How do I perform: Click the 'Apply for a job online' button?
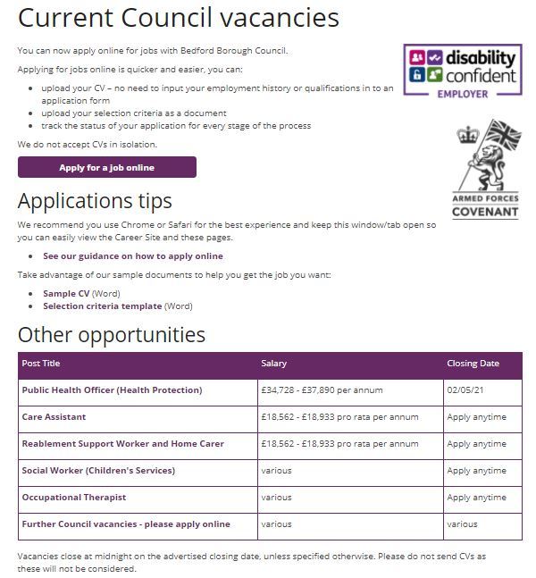[x=106, y=167]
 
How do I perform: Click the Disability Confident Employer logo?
[x=462, y=72]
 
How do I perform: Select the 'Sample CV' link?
[x=66, y=293]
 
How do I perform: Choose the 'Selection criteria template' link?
[x=103, y=306]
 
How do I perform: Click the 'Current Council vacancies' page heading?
[x=179, y=17]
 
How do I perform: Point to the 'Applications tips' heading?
[x=95, y=200]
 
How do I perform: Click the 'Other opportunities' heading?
[x=112, y=335]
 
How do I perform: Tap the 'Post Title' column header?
[x=41, y=364]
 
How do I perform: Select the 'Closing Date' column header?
[x=473, y=364]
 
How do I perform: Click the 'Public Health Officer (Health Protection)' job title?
[x=112, y=390]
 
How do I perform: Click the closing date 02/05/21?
[x=465, y=390]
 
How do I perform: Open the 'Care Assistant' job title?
[x=54, y=417]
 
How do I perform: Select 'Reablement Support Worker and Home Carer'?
[x=122, y=444]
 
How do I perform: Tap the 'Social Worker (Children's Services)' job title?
[x=98, y=471]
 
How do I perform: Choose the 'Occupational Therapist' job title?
[x=73, y=498]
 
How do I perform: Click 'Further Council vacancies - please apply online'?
[x=126, y=524]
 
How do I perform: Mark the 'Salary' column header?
[x=273, y=364]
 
